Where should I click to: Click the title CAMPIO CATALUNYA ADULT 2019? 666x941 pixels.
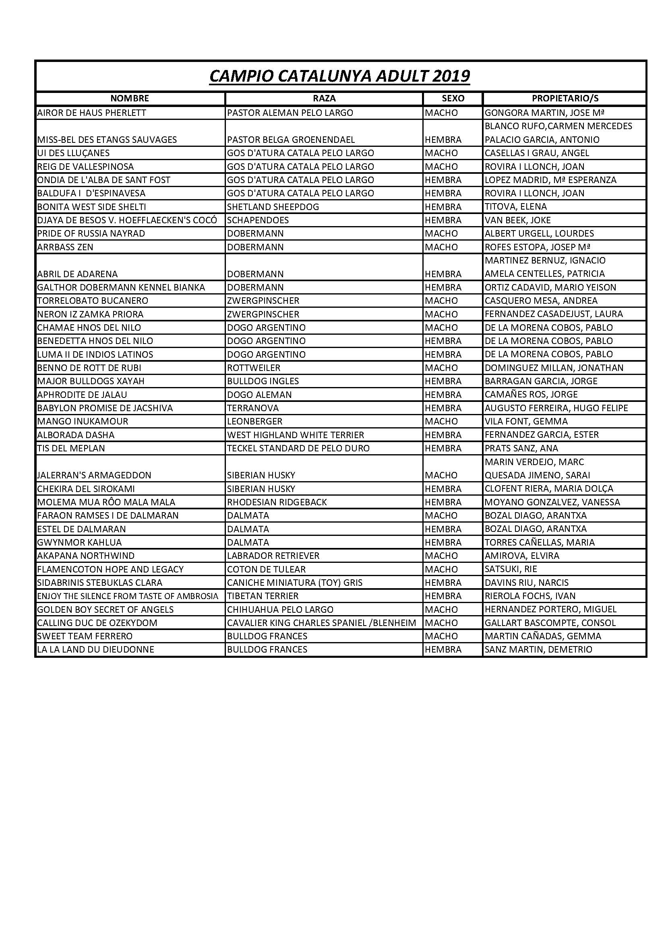point(339,76)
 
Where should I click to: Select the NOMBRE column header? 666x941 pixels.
point(130,98)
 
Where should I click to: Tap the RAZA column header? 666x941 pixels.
point(324,98)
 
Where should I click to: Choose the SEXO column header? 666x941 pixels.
point(453,98)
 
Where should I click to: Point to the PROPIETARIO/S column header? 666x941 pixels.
point(565,98)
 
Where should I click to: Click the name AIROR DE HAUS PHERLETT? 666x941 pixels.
point(91,113)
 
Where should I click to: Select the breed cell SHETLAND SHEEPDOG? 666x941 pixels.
point(273,207)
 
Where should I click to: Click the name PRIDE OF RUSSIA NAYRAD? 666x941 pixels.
point(91,234)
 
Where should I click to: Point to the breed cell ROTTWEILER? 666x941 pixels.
point(253,368)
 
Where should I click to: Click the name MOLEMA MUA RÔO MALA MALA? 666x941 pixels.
point(106,502)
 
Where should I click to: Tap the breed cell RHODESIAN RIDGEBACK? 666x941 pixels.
point(277,502)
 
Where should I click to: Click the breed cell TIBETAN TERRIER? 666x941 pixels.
point(263,596)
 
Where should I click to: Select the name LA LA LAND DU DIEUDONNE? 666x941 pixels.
point(95,650)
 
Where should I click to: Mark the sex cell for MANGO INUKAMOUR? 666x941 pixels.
point(441,422)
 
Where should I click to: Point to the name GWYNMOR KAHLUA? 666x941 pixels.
point(79,543)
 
